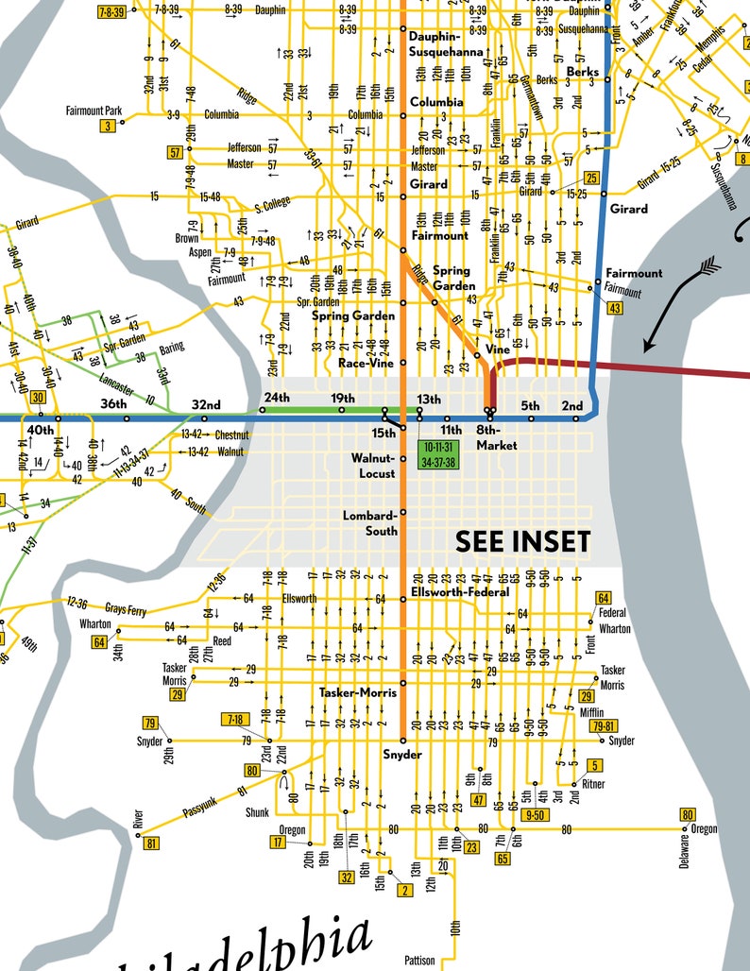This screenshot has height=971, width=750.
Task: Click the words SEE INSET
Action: [x=522, y=541]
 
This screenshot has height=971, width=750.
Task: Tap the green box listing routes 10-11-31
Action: [x=439, y=453]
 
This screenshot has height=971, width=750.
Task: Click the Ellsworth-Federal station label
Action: [x=459, y=592]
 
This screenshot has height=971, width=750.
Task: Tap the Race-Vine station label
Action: [x=366, y=362]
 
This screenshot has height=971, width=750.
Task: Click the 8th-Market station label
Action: [x=496, y=438]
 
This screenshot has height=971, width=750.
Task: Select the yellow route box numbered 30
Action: [x=38, y=398]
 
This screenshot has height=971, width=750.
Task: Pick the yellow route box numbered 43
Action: [x=615, y=308]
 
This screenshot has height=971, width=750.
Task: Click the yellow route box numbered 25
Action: [x=592, y=178]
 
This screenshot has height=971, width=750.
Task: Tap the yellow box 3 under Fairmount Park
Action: [x=109, y=126]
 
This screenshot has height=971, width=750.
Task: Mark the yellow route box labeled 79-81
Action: [x=605, y=726]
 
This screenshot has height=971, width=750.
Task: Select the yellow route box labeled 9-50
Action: [x=536, y=814]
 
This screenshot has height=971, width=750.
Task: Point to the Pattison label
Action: [x=419, y=961]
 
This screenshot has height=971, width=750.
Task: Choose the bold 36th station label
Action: [x=114, y=405]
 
